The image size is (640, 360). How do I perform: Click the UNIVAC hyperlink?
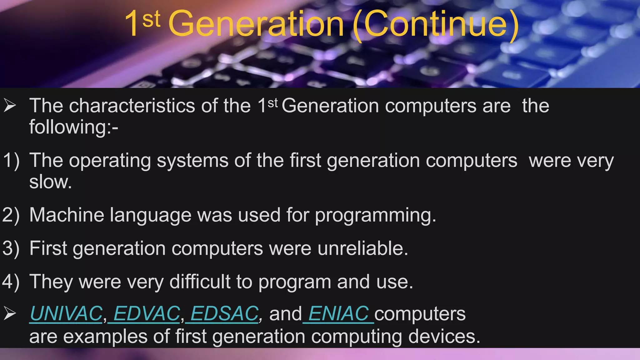66,313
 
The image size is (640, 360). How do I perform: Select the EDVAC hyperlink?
146,313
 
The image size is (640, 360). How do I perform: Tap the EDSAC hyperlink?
224,313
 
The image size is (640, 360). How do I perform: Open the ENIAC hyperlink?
338,313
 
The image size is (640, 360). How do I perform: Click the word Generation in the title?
256,24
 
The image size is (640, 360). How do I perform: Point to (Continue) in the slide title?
436,24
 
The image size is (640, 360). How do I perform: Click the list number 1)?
11,161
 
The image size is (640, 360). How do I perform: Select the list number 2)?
11,215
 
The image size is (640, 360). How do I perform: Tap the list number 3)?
11,249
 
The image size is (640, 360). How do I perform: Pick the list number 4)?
11,282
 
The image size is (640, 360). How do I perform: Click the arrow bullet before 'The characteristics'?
10,105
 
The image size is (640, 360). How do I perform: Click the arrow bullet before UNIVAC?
10,313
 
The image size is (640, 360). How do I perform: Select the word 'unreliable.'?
363,249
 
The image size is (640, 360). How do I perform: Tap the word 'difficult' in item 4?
200,282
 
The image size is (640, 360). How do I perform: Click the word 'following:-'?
74,127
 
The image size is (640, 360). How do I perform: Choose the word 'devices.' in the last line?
444,337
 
